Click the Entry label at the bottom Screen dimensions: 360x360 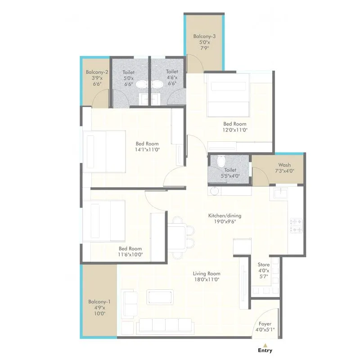(x=265, y=350)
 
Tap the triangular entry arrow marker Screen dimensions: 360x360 (x=265, y=344)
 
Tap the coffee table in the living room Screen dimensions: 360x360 (x=160, y=297)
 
